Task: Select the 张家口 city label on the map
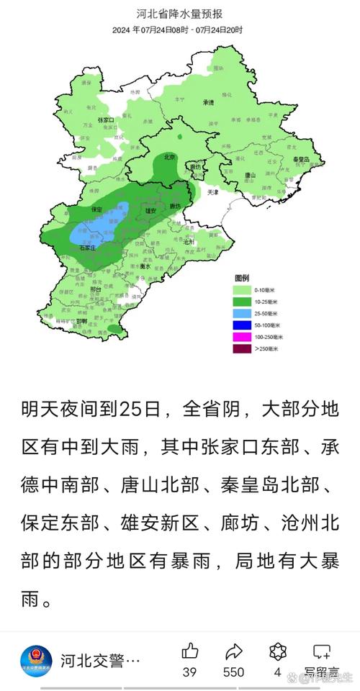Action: click(107, 119)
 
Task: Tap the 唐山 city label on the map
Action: click(250, 175)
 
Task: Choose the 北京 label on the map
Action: click(170, 157)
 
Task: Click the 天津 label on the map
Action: click(213, 193)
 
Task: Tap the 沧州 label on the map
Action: click(189, 243)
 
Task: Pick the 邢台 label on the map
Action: click(95, 289)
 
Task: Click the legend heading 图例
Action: click(241, 278)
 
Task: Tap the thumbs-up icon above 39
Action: click(190, 651)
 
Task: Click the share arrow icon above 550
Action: click(234, 651)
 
